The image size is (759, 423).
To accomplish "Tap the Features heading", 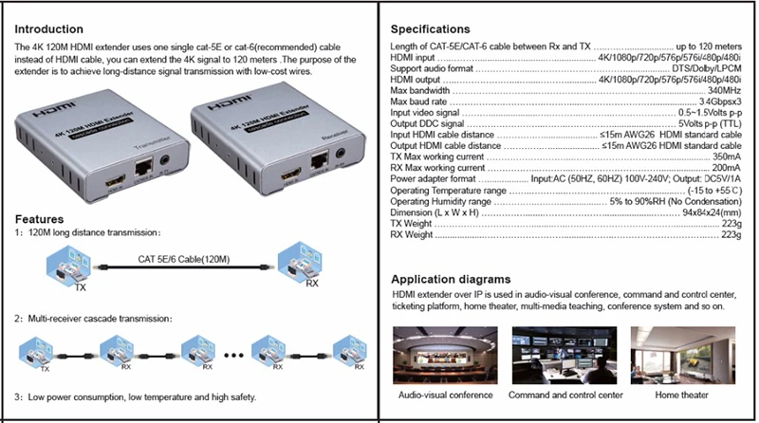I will pyautogui.click(x=39, y=219).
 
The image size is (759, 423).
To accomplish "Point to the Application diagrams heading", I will pyautogui.click(x=452, y=280).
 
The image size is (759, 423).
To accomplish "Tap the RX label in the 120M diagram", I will pyautogui.click(x=310, y=283).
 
